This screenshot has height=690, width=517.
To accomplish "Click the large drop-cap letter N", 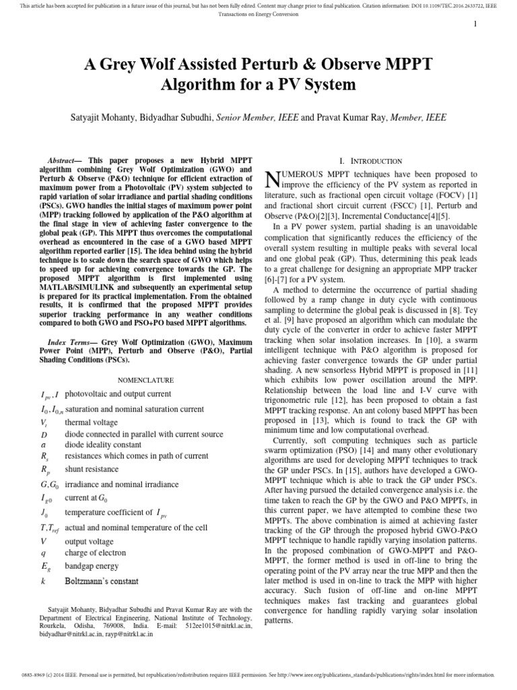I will coord(271,179).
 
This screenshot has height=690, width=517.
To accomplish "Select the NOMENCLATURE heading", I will coord(146,380).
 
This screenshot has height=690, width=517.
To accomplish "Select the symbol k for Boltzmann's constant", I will coord(43,581).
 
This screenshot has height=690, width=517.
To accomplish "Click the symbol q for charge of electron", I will coord(43,553).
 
